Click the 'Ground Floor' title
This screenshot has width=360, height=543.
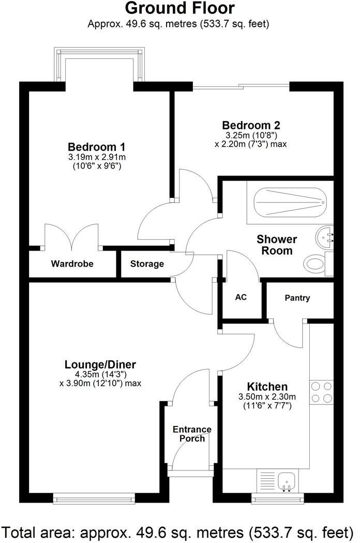pyautogui.click(x=179, y=8)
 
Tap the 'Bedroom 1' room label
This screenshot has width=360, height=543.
pyautogui.click(x=97, y=146)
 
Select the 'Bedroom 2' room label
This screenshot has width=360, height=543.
pyautogui.click(x=251, y=125)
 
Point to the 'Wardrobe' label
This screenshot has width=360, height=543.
pyautogui.click(x=72, y=264)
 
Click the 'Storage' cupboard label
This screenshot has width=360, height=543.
pyautogui.click(x=147, y=264)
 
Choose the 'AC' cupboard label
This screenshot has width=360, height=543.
pyautogui.click(x=241, y=297)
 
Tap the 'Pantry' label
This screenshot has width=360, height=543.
pyautogui.click(x=297, y=298)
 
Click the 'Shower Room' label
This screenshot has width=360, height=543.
pyautogui.click(x=277, y=245)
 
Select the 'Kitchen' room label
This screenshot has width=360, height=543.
pyautogui.click(x=267, y=387)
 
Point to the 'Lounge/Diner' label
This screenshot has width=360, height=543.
pyautogui.click(x=100, y=364)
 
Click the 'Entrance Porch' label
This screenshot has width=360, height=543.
pyautogui.click(x=192, y=434)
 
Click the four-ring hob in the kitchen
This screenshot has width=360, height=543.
pyautogui.click(x=321, y=392)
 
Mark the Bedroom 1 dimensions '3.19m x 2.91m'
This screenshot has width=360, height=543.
pyautogui.click(x=97, y=157)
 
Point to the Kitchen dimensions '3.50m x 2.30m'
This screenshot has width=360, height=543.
pyautogui.click(x=267, y=397)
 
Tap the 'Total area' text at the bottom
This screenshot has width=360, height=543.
pyautogui.click(x=179, y=531)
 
